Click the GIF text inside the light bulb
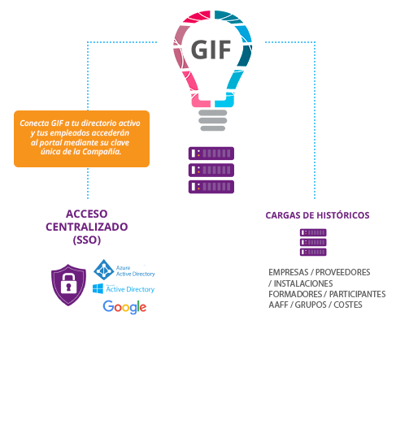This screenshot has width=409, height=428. (211, 50)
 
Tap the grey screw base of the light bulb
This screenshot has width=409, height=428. (212, 120)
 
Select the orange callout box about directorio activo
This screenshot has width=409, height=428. (81, 139)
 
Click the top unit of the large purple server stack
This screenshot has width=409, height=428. (211, 153)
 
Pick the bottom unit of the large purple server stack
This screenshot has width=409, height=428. (211, 187)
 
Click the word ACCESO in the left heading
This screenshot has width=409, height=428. (87, 214)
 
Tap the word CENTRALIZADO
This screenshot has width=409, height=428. (87, 227)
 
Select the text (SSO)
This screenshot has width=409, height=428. (87, 240)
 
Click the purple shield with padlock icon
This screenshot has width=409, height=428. (68, 285)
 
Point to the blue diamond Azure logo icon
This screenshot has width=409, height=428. (104, 270)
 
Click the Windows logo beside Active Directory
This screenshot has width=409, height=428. (98, 288)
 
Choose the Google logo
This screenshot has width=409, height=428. (124, 307)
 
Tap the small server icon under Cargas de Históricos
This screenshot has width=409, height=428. (313, 242)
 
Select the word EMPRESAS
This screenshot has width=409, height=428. (288, 272)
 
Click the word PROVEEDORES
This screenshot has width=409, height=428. (343, 272)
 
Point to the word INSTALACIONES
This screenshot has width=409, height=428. (303, 283)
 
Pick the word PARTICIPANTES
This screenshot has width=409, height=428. (357, 294)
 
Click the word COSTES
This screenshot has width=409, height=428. (348, 305)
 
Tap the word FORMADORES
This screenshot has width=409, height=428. (295, 294)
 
